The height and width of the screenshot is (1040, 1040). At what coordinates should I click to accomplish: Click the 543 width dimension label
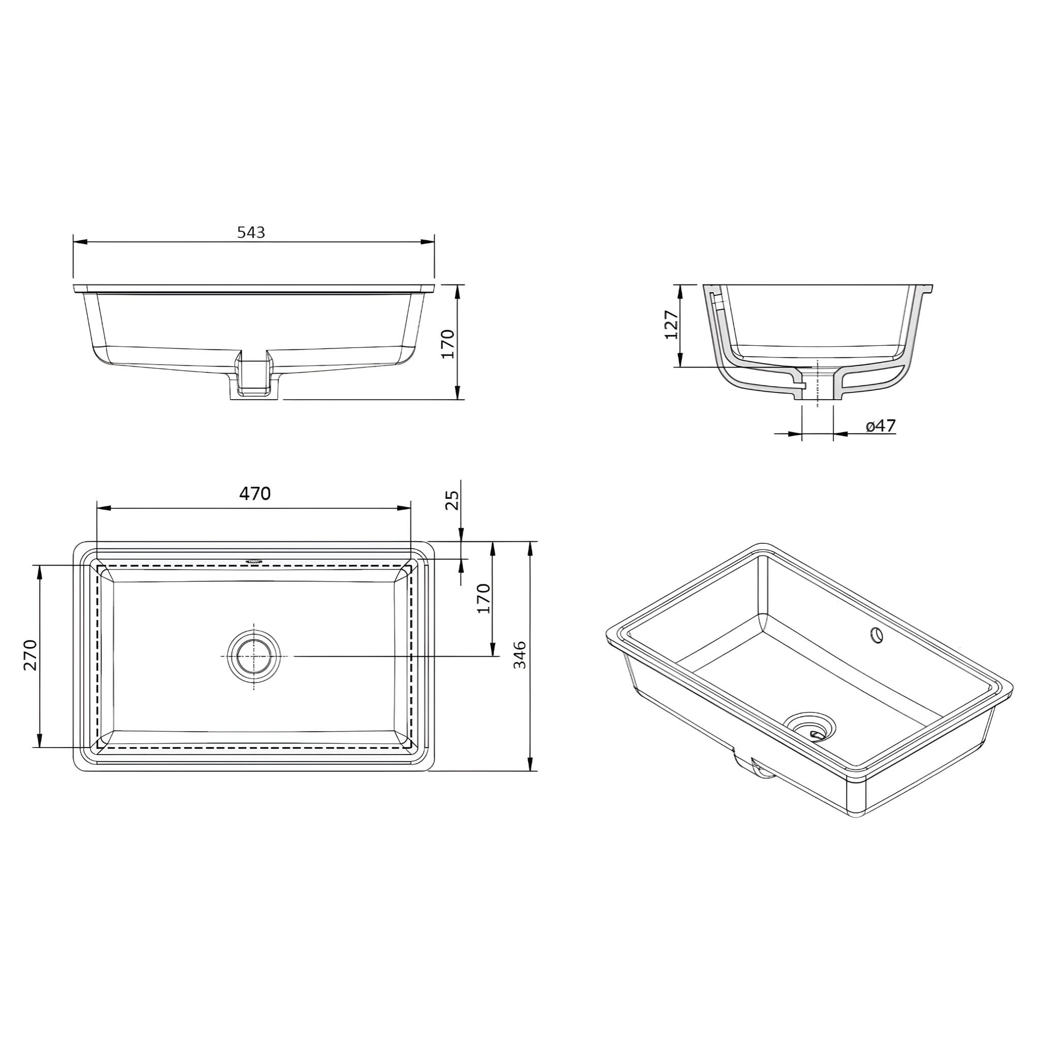click(x=251, y=232)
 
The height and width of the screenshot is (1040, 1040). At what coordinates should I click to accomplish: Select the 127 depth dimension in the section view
click(x=671, y=324)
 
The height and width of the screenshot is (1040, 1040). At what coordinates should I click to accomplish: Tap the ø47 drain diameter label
click(x=881, y=426)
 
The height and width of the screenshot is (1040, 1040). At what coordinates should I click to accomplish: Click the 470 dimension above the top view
click(x=254, y=494)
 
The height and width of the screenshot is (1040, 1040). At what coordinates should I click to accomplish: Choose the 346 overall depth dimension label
click(x=519, y=655)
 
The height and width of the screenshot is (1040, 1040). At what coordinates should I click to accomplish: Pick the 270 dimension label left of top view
click(x=30, y=655)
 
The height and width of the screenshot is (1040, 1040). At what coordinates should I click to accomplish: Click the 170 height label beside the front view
click(x=448, y=344)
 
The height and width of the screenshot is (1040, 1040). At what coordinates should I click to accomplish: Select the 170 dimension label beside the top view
click(x=484, y=598)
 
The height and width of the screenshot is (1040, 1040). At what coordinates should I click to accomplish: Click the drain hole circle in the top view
click(x=254, y=657)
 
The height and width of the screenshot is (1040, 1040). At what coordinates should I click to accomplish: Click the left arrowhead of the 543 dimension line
click(x=80, y=242)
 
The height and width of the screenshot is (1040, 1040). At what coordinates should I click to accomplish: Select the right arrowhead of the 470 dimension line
click(x=404, y=508)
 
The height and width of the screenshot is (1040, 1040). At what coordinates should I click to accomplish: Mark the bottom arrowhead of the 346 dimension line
click(x=530, y=764)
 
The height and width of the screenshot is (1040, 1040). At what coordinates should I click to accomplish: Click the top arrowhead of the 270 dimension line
click(x=39, y=572)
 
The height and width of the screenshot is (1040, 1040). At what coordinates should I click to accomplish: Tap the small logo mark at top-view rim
click(x=254, y=561)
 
